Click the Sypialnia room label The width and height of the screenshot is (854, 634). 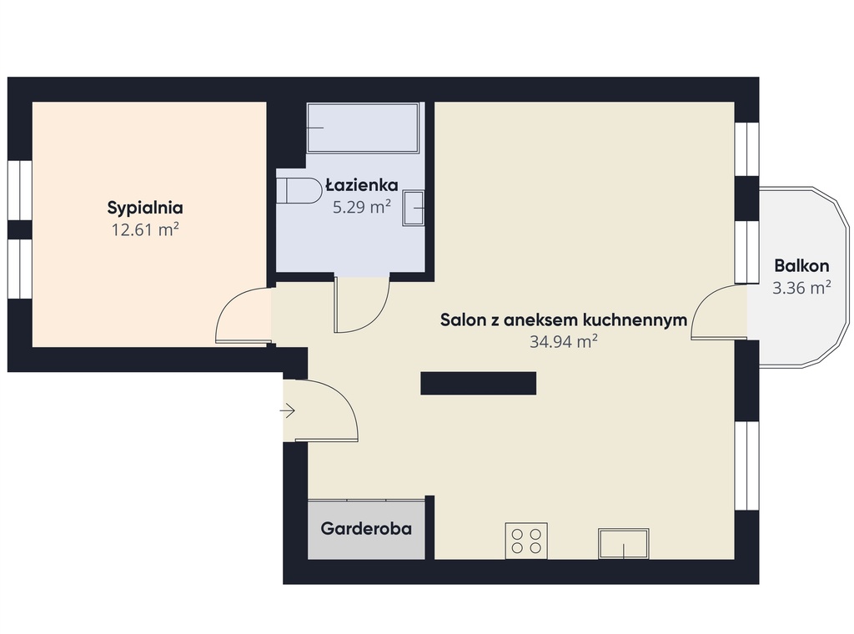[145, 208]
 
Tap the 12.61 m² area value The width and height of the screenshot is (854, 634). [145, 230]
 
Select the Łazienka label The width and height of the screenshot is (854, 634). [362, 185]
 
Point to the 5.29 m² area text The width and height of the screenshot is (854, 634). [362, 207]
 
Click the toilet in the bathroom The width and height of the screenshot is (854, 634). [299, 191]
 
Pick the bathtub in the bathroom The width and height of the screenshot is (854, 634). [363, 128]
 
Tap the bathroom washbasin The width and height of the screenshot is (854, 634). [414, 208]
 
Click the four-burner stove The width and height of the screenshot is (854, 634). [526, 541]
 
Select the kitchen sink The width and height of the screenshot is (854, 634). [624, 544]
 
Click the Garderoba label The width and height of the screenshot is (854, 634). [366, 528]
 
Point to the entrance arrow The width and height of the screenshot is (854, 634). [288, 410]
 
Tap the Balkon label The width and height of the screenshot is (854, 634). [801, 266]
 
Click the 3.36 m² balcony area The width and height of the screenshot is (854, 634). [801, 288]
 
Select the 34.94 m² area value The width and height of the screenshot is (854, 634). [564, 341]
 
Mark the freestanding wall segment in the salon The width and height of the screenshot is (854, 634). [478, 384]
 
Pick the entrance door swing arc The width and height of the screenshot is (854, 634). [344, 398]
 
